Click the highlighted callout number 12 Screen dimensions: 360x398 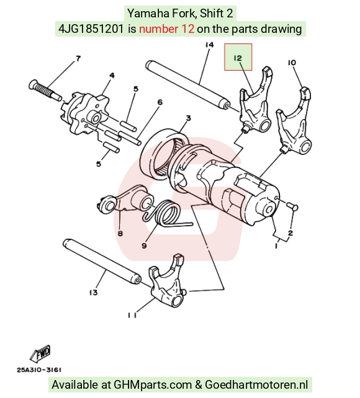point(238,58)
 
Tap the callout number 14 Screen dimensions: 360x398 point(209,45)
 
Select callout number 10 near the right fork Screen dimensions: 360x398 point(292,63)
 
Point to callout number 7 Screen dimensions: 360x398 point(78,59)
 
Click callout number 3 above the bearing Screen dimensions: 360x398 point(188,118)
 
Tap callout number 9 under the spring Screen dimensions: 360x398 point(144,245)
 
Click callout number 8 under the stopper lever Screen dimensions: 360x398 point(120,233)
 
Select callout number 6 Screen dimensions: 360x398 point(160,102)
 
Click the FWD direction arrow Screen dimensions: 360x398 point(40,353)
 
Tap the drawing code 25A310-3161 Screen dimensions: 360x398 point(39,370)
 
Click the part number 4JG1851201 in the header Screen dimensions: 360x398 point(91,29)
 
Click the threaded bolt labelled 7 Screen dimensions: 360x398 point(45,90)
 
